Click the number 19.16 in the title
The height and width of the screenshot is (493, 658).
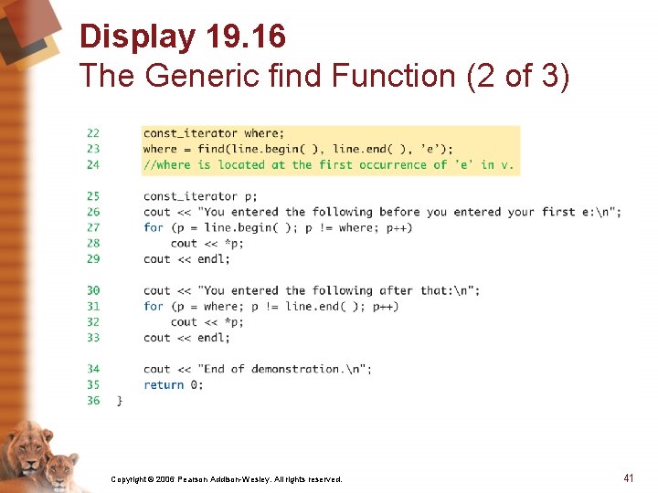click(x=246, y=37)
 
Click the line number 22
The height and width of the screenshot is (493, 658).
click(x=93, y=133)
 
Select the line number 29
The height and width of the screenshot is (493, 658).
click(x=93, y=258)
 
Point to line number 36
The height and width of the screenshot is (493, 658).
click(x=93, y=400)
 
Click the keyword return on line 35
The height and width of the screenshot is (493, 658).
click(x=164, y=384)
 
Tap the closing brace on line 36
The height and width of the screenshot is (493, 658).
click(x=119, y=400)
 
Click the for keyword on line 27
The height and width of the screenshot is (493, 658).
click(x=154, y=227)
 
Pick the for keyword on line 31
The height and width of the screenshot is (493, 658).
click(x=154, y=306)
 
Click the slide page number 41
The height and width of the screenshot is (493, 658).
click(x=628, y=477)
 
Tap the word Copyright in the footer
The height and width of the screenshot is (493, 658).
click(x=129, y=478)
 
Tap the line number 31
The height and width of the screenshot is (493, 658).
click(x=93, y=306)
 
